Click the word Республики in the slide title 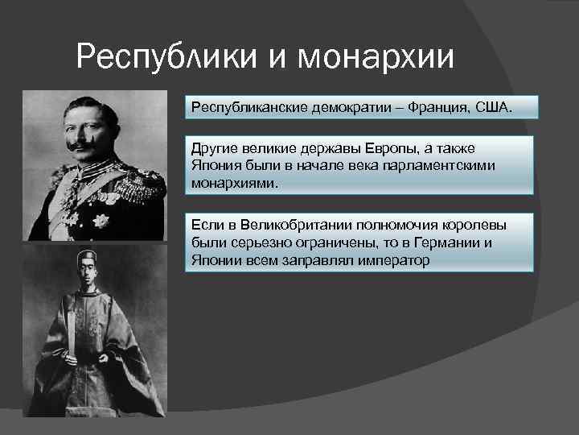(162, 57)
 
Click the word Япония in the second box (213, 165)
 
